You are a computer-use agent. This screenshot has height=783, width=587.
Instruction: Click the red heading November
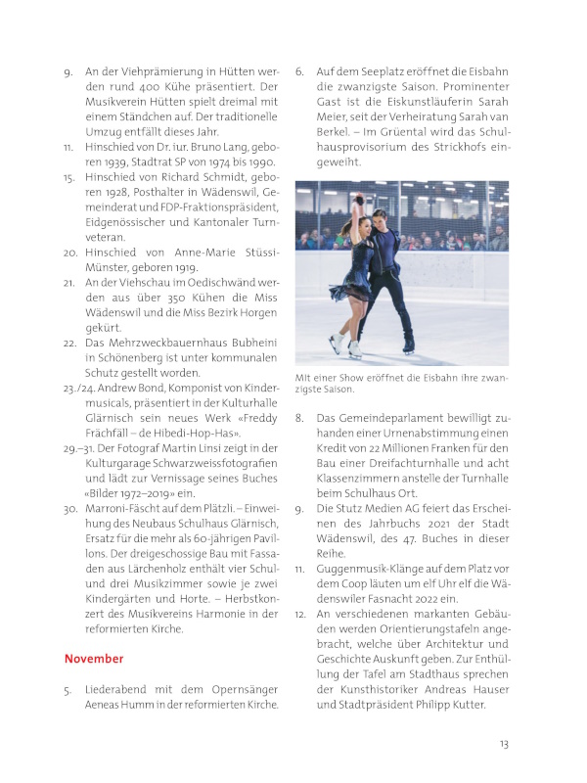94,659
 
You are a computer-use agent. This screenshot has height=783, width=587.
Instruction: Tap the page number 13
504,744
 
